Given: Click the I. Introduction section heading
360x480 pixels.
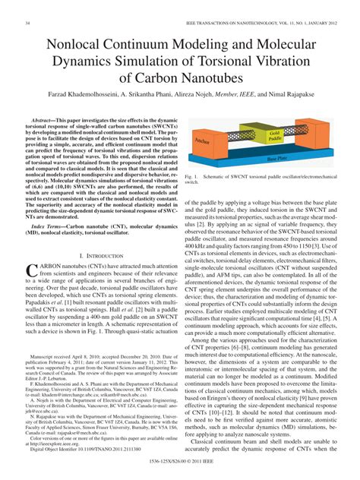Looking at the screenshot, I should click(x=101, y=248).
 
